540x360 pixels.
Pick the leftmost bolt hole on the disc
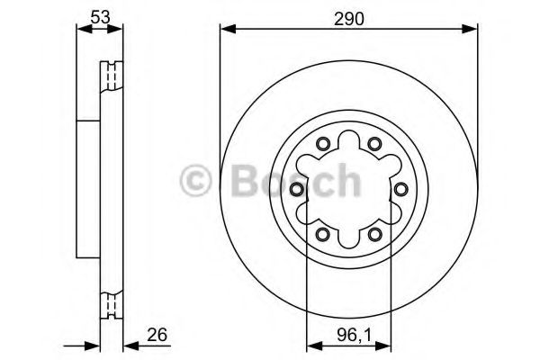click(296, 189)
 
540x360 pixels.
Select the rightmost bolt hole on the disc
click(401, 189)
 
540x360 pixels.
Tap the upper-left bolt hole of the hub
click(322, 144)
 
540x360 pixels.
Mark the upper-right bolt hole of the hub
click(375, 144)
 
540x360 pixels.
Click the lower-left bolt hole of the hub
click(322, 235)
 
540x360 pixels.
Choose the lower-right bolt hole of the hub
click(375, 235)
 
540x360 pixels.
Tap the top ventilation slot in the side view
click(112, 76)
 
